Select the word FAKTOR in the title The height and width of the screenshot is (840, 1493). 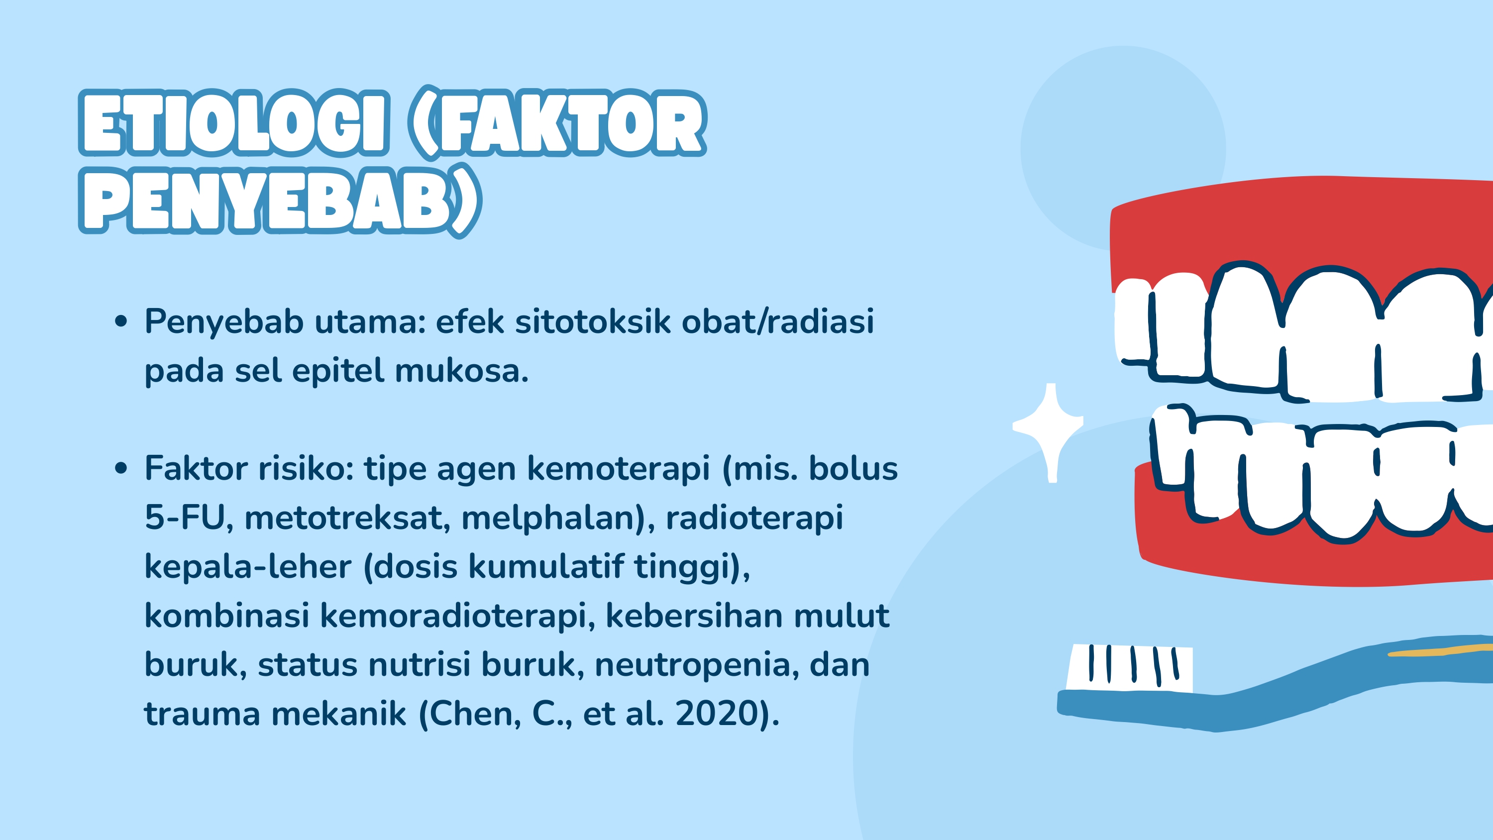point(571,123)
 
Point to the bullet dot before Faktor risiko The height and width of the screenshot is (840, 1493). point(120,468)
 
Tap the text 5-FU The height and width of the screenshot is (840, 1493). point(184,517)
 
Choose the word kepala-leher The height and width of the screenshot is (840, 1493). point(247,566)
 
